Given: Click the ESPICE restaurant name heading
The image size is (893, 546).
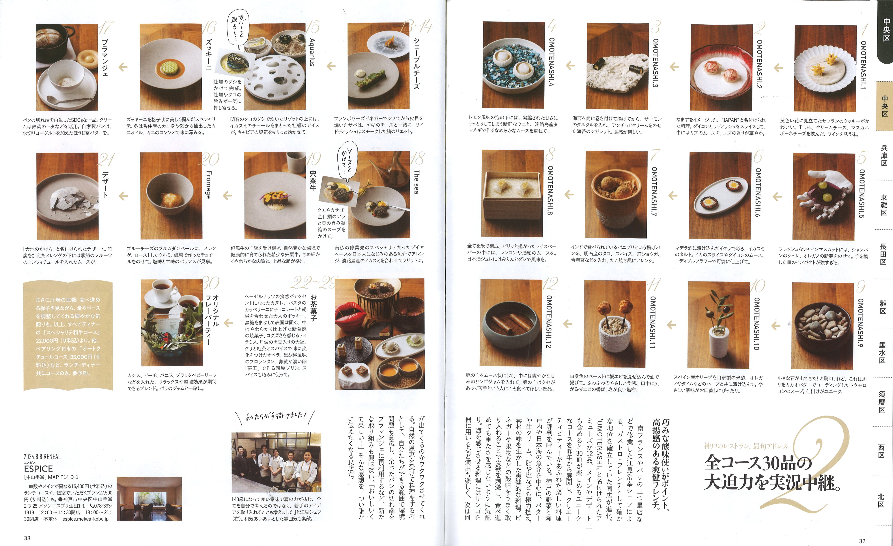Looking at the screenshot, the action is pyautogui.click(x=38, y=468).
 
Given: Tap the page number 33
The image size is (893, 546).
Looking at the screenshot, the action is pyautogui.click(x=27, y=538).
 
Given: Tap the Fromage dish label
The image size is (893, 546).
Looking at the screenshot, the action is pyautogui.click(x=208, y=185).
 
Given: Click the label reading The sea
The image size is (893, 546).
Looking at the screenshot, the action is pyautogui.click(x=416, y=182).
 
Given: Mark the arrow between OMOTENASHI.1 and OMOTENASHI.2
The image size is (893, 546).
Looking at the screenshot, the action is pyautogui.click(x=778, y=68).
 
